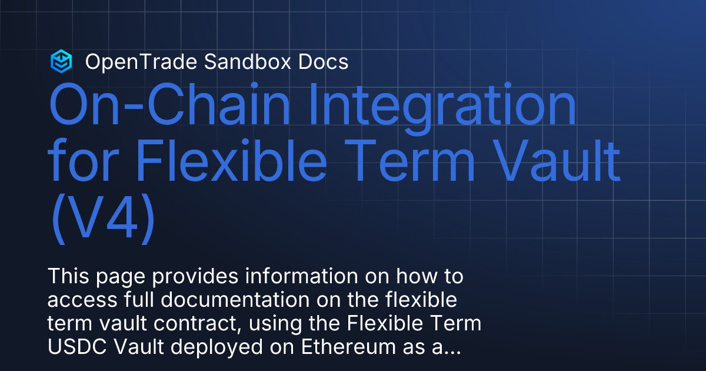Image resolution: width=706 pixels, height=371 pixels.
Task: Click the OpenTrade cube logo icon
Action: pos(61,61)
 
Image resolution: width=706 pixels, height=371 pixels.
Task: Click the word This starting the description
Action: pos(69,276)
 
